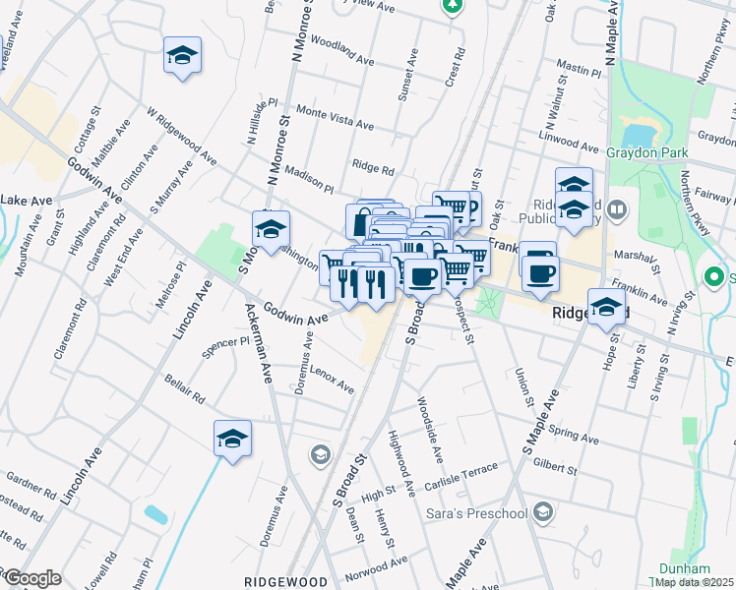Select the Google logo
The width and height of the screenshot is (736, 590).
[32, 578]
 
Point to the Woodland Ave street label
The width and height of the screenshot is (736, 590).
[341, 53]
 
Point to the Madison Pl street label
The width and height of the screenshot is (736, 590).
[309, 177]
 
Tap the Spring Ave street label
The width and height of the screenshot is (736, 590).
[575, 435]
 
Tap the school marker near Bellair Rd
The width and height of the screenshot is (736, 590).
[232, 438]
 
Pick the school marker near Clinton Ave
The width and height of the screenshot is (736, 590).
[182, 54]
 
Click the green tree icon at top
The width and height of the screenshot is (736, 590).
[452, 5]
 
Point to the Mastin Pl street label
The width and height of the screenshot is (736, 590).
[578, 69]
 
